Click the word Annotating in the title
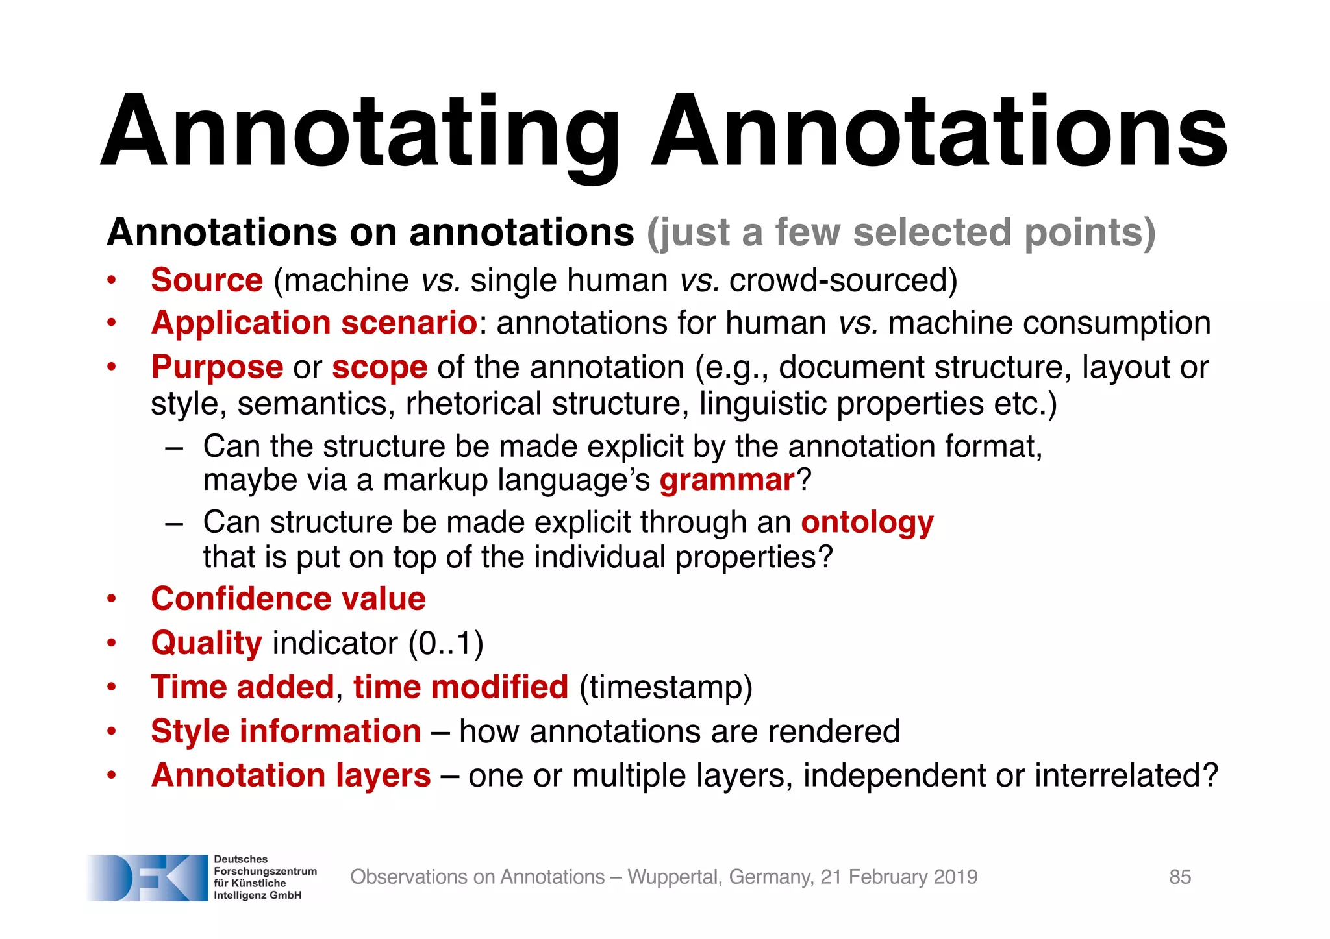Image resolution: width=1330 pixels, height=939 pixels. click(360, 133)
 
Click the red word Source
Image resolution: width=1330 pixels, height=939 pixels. click(207, 280)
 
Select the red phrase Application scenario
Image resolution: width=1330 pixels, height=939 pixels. click(314, 323)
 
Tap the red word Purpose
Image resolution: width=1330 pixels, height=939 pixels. click(217, 367)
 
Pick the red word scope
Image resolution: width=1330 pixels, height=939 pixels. click(379, 367)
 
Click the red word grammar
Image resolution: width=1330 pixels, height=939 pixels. click(727, 480)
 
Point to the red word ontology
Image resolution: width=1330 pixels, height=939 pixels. click(867, 522)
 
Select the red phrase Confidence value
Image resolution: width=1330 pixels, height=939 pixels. click(288, 598)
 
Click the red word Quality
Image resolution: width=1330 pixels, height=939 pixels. click(207, 643)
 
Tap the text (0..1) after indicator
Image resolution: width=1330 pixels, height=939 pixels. click(445, 643)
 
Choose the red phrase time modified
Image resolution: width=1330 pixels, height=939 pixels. click(460, 687)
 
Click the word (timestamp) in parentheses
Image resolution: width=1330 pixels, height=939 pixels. click(665, 687)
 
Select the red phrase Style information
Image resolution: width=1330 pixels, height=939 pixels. click(286, 731)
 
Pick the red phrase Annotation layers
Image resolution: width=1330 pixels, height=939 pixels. click(291, 775)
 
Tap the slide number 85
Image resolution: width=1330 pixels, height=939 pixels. click(1179, 877)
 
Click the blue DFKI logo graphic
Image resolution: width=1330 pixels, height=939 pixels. click(147, 877)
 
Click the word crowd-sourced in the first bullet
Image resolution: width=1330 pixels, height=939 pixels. click(843, 280)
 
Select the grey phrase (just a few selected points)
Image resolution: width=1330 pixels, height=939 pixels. click(901, 232)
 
